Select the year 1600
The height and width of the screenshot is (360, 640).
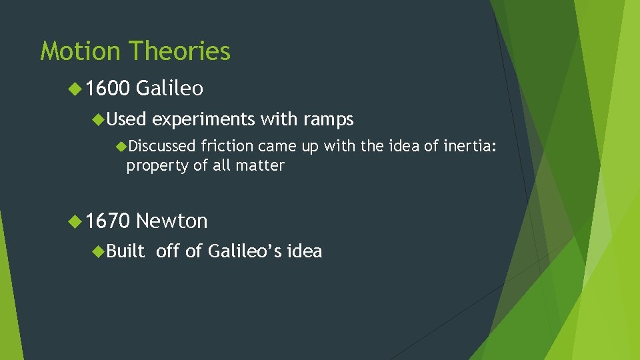(x=108, y=89)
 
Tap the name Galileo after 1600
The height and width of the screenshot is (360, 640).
(x=170, y=89)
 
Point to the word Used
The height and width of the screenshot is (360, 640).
(x=126, y=120)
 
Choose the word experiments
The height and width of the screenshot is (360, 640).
(x=203, y=120)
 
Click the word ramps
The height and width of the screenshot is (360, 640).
(x=328, y=120)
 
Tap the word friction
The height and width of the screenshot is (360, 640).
(x=227, y=146)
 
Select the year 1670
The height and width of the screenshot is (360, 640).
(x=108, y=221)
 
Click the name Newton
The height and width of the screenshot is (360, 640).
(x=172, y=221)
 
